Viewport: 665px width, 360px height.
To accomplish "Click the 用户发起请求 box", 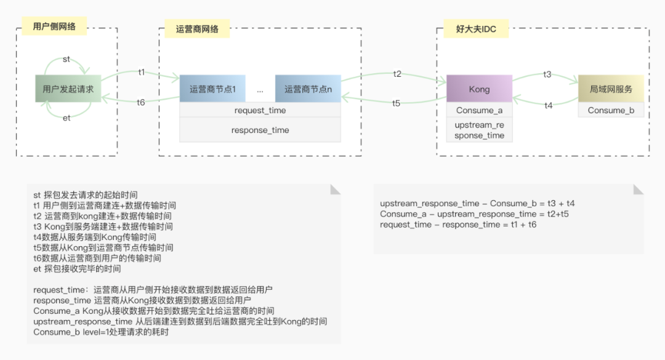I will (x=68, y=89).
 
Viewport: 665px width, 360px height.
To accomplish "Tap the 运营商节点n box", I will (x=308, y=89).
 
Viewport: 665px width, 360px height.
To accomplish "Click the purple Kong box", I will (x=479, y=89).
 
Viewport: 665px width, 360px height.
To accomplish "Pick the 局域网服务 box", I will (x=611, y=89).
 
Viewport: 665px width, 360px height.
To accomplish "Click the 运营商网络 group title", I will (x=193, y=28).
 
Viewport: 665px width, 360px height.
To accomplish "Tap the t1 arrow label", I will (x=142, y=72).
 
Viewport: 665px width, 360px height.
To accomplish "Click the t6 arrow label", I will (x=141, y=102).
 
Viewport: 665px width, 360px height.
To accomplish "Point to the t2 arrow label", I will (x=397, y=74).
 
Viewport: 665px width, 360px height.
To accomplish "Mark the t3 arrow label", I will (x=547, y=74).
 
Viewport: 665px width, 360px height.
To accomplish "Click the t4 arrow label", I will (x=548, y=105).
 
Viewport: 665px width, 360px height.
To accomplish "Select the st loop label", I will (x=66, y=59).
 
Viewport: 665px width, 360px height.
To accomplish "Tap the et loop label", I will (x=67, y=118).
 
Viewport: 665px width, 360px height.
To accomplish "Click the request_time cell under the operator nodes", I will (x=260, y=110).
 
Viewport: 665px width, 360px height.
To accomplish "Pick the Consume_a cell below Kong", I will (x=479, y=110).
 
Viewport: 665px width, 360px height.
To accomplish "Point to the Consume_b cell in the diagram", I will (x=611, y=110).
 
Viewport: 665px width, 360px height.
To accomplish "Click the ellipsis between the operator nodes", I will (x=260, y=90).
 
